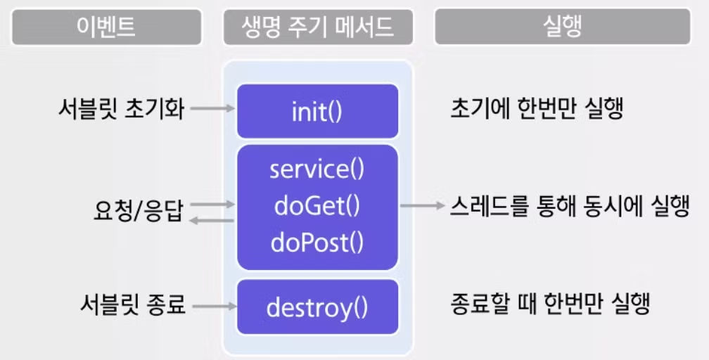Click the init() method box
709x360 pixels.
[317, 111]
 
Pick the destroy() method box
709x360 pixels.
[317, 307]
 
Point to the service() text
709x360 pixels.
[317, 170]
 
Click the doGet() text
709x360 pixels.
[317, 206]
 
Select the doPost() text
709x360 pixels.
[317, 243]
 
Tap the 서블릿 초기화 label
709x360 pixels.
[121, 109]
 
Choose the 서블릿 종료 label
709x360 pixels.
[132, 306]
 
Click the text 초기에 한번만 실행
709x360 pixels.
[536, 109]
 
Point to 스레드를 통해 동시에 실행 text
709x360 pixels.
[569, 207]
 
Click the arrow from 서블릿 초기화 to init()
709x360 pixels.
[212, 109]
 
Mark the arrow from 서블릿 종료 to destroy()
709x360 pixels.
[212, 307]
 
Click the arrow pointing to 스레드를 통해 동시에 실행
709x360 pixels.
[422, 207]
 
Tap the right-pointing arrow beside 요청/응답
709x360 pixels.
[212, 204]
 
